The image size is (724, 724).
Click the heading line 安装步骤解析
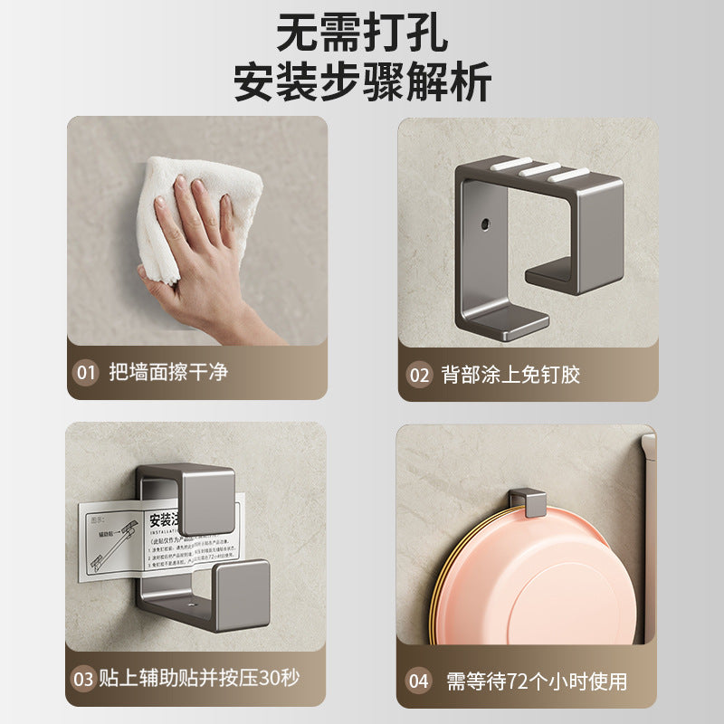pos(362,83)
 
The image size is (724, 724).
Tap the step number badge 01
pos(86,372)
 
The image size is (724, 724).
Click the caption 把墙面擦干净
pos(168,372)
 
